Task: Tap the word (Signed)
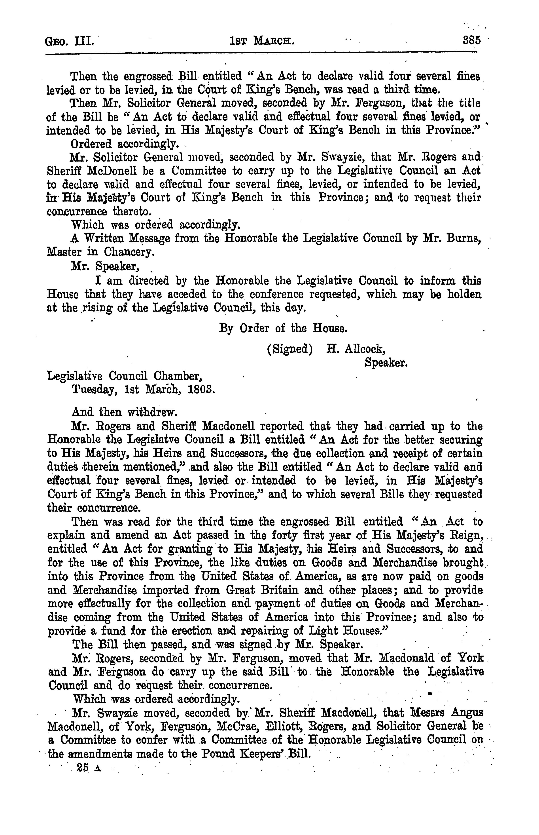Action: pyautogui.click(x=289, y=350)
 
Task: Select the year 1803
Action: pyautogui.click(x=201, y=390)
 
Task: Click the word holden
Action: pyautogui.click(x=461, y=295)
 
